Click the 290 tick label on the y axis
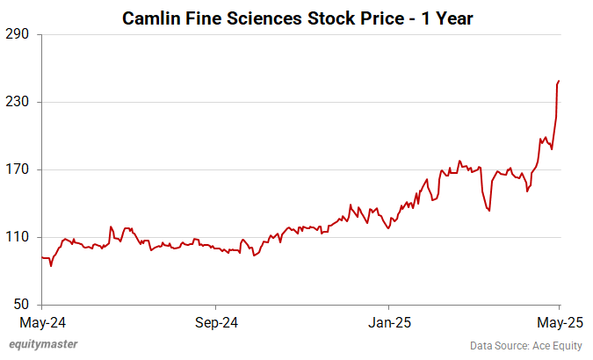pyautogui.click(x=18, y=34)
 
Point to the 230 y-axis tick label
pyautogui.click(x=18, y=102)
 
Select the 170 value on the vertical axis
pyautogui.click(x=18, y=169)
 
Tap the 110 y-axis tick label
pyautogui.click(x=18, y=237)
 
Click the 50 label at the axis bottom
pyautogui.click(x=22, y=305)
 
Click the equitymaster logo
pyautogui.click(x=43, y=344)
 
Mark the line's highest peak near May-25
pyautogui.click(x=559, y=81)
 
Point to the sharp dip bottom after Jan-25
pyautogui.click(x=488, y=210)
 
